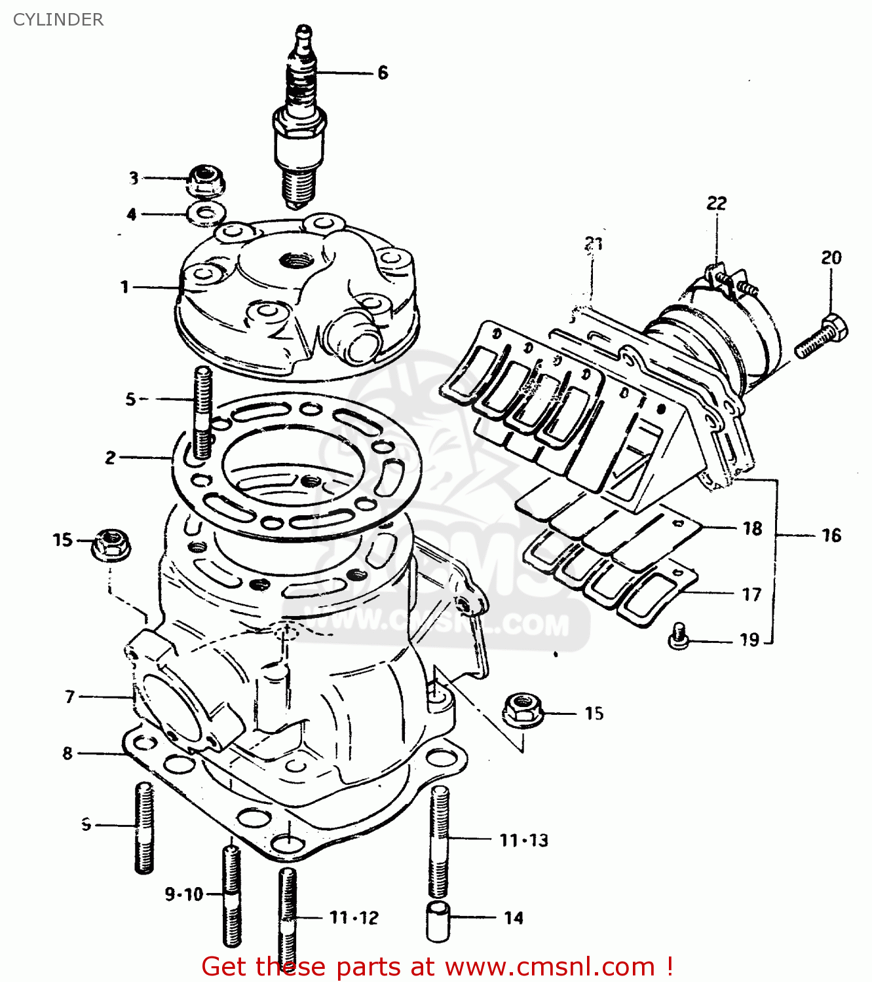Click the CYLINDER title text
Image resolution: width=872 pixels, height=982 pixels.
click(x=58, y=20)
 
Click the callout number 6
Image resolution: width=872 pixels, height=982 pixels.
click(x=383, y=73)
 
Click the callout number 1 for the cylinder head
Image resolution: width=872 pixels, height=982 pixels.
click(x=124, y=287)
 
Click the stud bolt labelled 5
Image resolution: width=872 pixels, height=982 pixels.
click(x=202, y=412)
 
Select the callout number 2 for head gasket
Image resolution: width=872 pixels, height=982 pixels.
click(x=111, y=458)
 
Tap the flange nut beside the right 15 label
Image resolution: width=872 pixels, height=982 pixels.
click(x=522, y=710)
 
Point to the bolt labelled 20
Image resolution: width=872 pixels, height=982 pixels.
click(x=822, y=335)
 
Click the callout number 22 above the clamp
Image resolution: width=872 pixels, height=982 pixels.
click(x=716, y=203)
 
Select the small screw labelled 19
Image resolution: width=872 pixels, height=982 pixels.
click(x=679, y=636)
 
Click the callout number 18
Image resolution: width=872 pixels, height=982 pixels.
click(x=752, y=528)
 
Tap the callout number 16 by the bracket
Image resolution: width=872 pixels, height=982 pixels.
click(x=831, y=536)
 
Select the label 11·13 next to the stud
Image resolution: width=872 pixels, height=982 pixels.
click(x=523, y=840)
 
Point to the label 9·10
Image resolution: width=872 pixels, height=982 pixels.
click(x=183, y=894)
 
